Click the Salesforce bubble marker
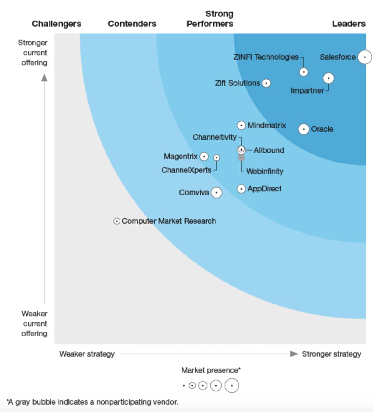coord(365,57)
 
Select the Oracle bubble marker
coord(304,129)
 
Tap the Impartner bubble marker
coord(328,78)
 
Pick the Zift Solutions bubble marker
coord(266,83)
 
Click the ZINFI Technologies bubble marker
coord(304,72)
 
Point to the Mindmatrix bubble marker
coord(241,126)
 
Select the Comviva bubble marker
coord(216,193)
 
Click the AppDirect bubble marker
coord(241,189)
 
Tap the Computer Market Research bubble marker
coord(116,221)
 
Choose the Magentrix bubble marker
coord(204,157)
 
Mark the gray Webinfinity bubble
coord(241,158)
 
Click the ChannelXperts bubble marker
coord(216,158)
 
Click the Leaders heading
coord(348,24)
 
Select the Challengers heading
coord(56,24)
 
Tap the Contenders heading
coord(132,24)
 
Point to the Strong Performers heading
coord(210,19)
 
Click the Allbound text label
coord(269,150)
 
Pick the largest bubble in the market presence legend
coord(232,386)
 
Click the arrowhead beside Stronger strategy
coord(294,354)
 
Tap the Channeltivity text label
coord(215,137)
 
